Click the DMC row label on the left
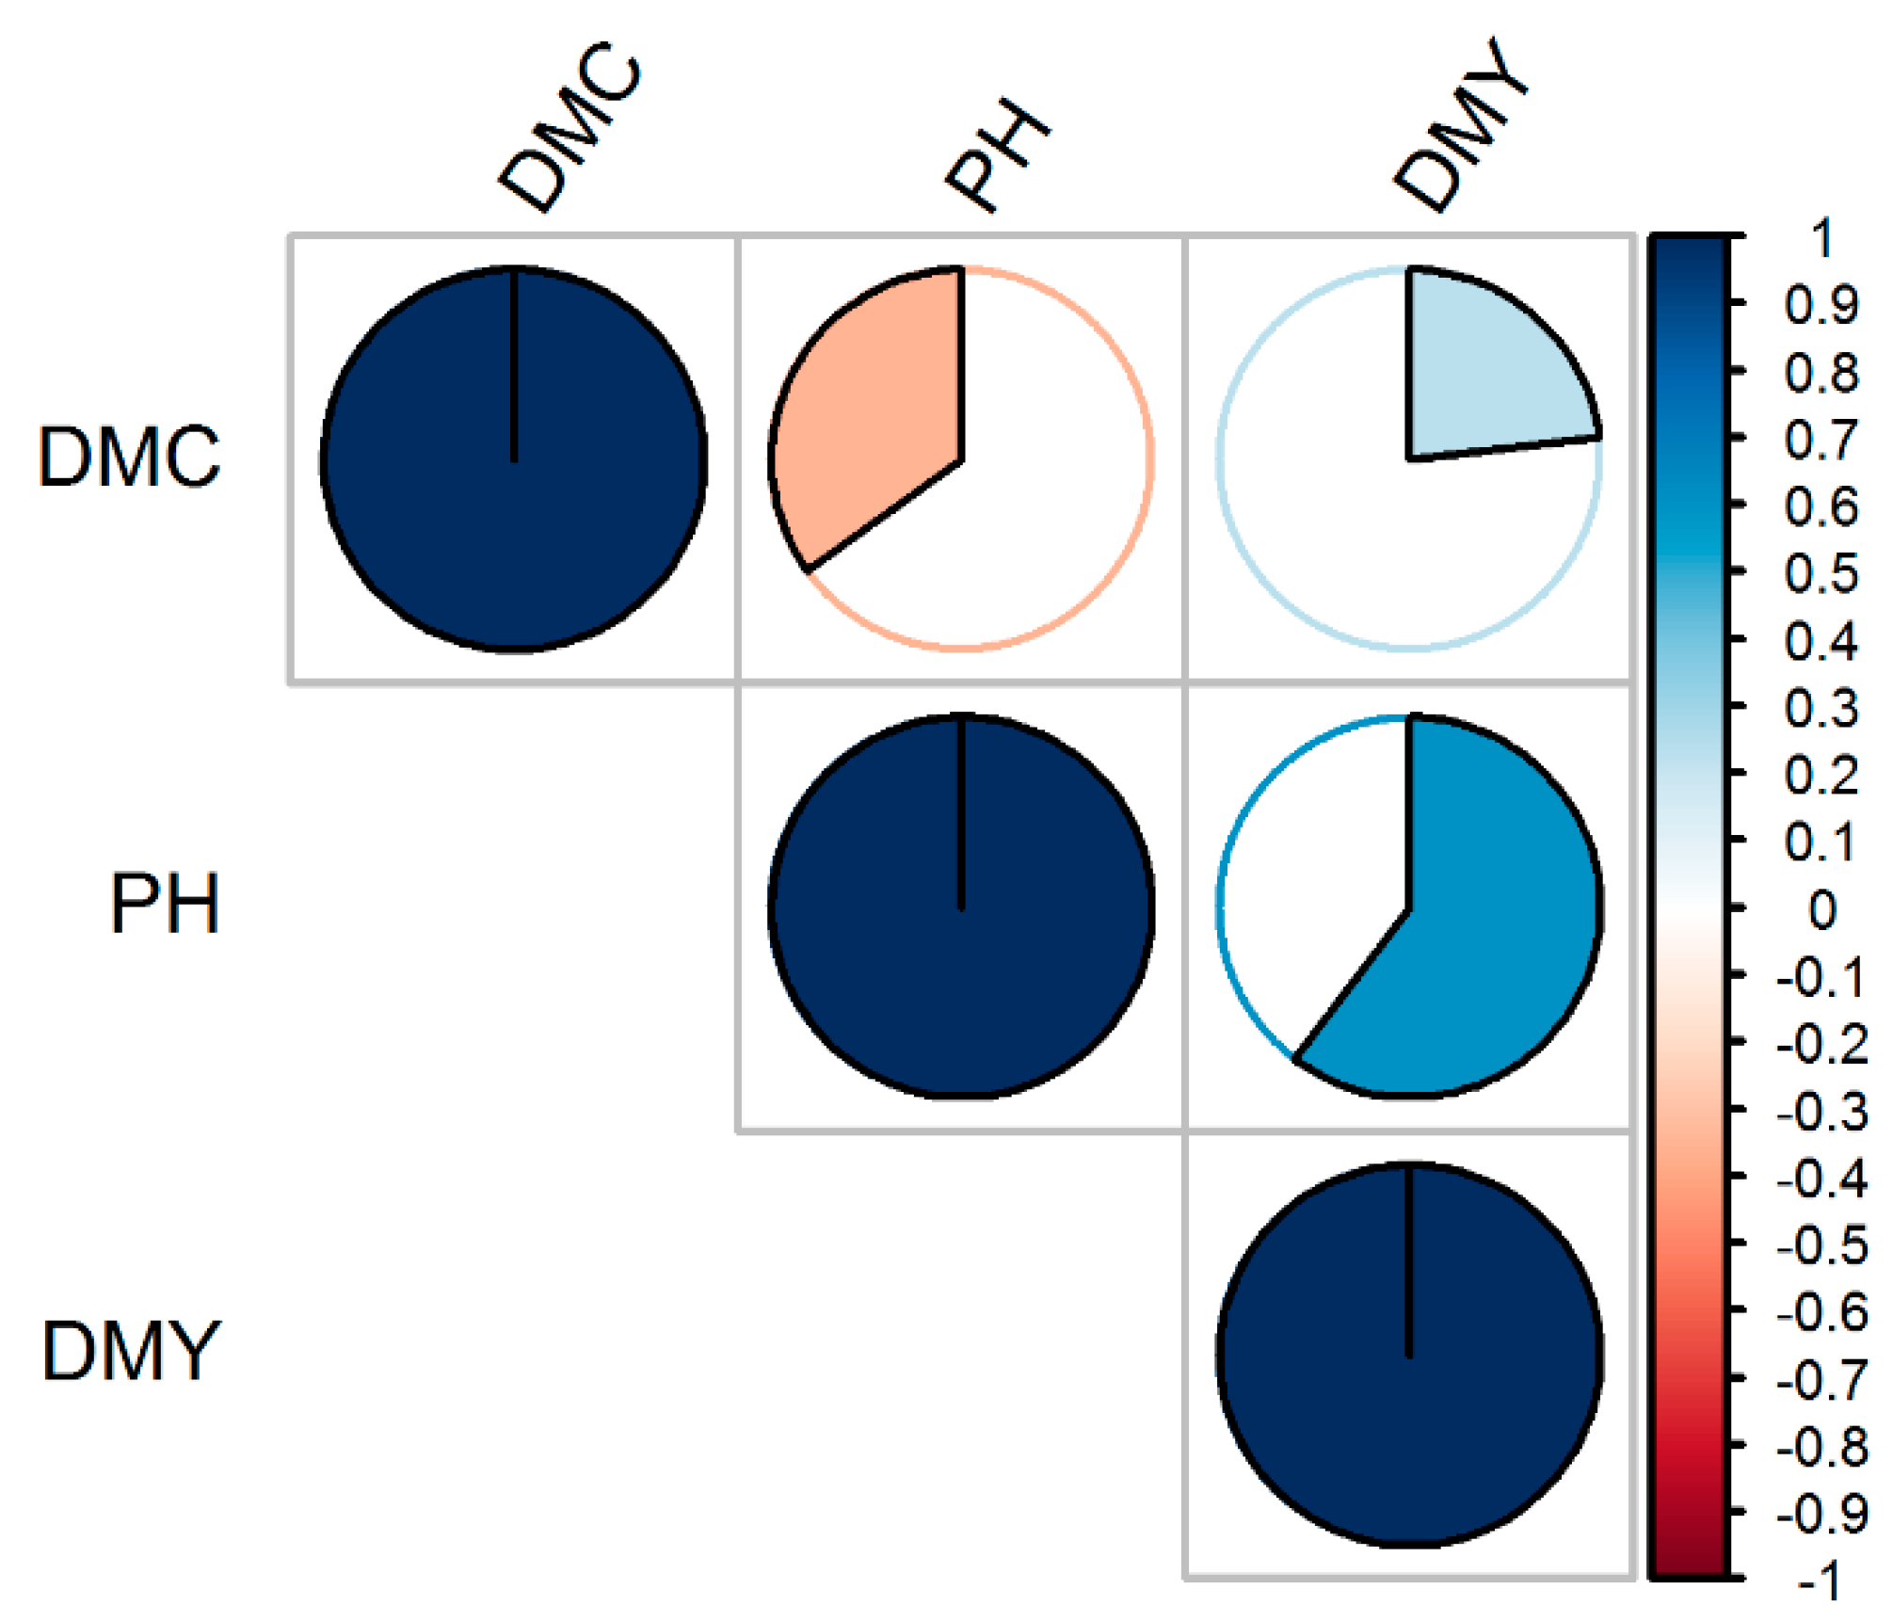pyautogui.click(x=129, y=457)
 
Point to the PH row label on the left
pyautogui.click(x=165, y=905)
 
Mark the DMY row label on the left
pyautogui.click(x=131, y=1352)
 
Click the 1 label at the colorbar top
pyautogui.click(x=1824, y=239)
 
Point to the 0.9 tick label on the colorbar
pyautogui.click(x=1821, y=306)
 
